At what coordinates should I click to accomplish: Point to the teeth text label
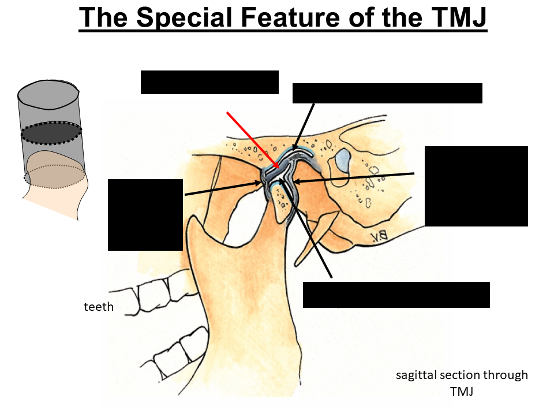[99, 307]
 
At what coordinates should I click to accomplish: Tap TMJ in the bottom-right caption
[462, 392]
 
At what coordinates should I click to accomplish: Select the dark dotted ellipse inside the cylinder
[52, 133]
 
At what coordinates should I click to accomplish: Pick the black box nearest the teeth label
[145, 214]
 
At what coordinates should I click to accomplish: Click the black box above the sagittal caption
[396, 295]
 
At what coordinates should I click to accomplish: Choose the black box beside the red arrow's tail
[209, 82]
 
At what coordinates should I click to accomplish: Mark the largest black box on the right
[476, 186]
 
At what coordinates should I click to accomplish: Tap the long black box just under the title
[387, 93]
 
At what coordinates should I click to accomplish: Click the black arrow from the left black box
[222, 189]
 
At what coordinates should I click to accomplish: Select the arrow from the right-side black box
[355, 177]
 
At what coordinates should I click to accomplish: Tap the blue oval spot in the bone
[344, 158]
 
